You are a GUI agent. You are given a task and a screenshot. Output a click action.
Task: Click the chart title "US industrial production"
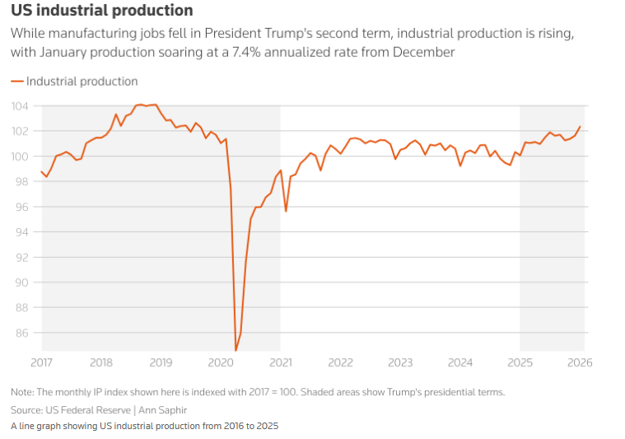click(102, 11)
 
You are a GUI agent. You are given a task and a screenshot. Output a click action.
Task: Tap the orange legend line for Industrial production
click(17, 82)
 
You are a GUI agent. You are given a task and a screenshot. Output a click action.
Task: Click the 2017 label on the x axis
click(42, 362)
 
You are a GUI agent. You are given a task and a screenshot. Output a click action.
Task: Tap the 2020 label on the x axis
click(221, 362)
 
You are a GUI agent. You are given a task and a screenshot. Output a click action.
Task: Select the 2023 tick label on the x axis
click(400, 362)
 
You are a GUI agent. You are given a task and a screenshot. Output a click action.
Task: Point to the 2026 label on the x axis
click(582, 362)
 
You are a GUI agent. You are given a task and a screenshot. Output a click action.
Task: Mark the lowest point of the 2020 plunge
click(236, 351)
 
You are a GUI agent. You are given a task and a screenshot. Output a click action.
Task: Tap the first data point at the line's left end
click(41, 171)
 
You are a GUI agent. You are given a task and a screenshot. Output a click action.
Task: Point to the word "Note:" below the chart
click(25, 391)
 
